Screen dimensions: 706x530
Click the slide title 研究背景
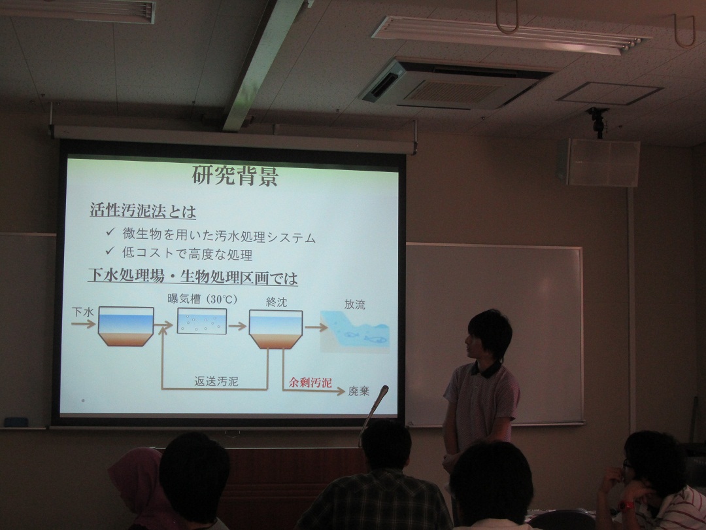coord(235,176)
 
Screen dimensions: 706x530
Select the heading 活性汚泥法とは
coord(143,211)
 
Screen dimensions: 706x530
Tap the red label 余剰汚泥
coord(311,383)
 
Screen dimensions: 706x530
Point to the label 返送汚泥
coord(216,381)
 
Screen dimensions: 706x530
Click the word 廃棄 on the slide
coord(359,391)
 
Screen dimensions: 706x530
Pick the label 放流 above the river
coord(355,304)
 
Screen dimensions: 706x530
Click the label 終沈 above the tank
coord(276,302)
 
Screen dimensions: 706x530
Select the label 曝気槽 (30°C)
coord(202,299)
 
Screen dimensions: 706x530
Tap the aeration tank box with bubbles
coord(202,321)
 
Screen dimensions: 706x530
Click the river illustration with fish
coord(355,331)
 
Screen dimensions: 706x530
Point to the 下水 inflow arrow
coord(83,324)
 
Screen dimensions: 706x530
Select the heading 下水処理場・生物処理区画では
coord(193,277)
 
